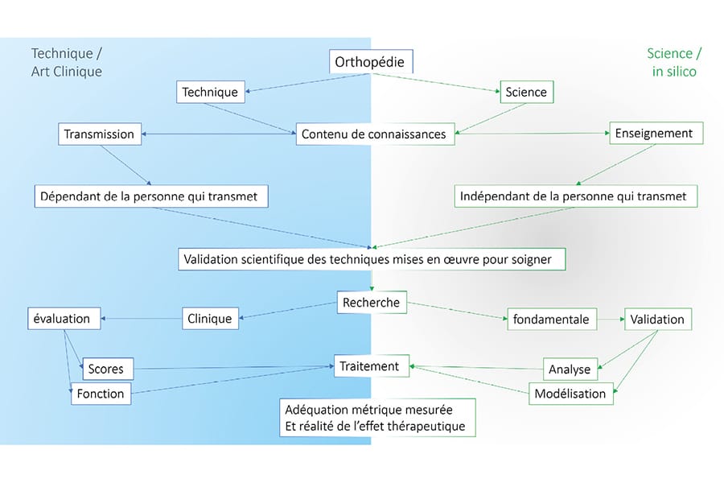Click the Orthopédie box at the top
click(x=372, y=62)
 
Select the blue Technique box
click(x=210, y=92)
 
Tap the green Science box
click(x=526, y=92)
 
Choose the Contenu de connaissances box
click(x=374, y=134)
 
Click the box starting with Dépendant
click(x=151, y=196)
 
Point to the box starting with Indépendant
click(x=574, y=196)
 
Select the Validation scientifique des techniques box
click(x=371, y=259)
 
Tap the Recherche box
click(x=371, y=303)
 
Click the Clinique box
click(x=210, y=319)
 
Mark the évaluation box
click(x=64, y=319)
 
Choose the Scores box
click(x=107, y=369)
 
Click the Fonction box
click(x=101, y=394)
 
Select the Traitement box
click(x=370, y=366)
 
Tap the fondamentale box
click(x=551, y=320)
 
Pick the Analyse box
click(x=570, y=369)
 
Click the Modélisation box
click(x=571, y=394)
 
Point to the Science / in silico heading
click(x=674, y=62)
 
